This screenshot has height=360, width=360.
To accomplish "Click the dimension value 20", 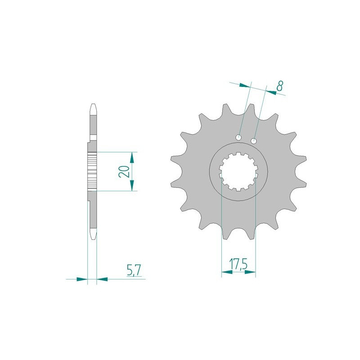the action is pos(124,171).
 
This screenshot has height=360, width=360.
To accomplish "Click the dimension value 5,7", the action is pos(134,270).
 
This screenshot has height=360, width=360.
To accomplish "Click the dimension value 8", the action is pos(279,86).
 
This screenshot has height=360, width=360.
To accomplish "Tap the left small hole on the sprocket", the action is pos(239,138).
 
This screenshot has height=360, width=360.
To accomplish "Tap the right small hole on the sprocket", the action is pos(254,141).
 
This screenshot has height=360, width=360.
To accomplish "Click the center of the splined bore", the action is pos(238,171).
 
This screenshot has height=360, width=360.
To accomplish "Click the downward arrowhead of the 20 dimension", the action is pos(131,185).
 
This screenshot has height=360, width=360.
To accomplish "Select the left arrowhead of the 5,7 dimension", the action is pos(82,279).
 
